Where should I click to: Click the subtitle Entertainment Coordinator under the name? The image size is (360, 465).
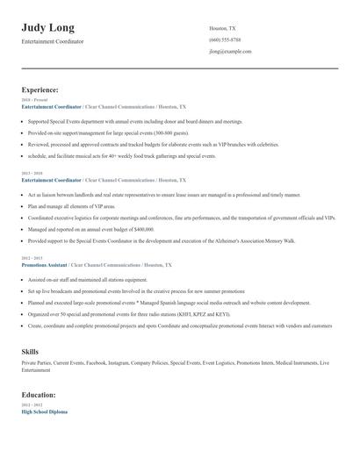pos(53,41)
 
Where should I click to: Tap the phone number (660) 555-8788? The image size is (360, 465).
pos(225,40)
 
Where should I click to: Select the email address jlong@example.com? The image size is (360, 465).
pos(230,52)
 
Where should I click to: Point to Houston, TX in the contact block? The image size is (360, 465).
pos(222,28)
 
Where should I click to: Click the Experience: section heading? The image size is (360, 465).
pos(40,89)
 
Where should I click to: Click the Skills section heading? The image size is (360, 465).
pos(30,351)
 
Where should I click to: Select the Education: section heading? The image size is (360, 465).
pos(39,395)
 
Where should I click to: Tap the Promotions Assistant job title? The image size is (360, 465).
pos(45,263)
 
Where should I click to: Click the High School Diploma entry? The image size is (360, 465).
pos(44,411)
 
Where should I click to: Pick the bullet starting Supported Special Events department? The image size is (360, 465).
pos(132,121)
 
